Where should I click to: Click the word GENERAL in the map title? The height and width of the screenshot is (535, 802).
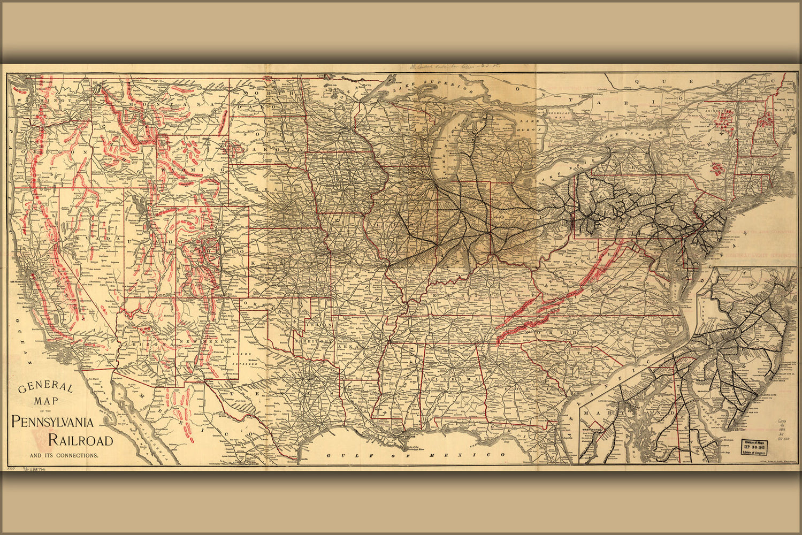point(45,388)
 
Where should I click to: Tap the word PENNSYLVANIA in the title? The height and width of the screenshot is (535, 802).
point(52,422)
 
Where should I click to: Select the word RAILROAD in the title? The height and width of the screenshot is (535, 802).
point(80,440)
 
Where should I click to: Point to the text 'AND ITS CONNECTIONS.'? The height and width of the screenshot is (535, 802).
point(64,456)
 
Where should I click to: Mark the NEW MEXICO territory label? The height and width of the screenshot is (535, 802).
point(208,341)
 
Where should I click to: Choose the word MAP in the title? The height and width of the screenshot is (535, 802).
point(45,401)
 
